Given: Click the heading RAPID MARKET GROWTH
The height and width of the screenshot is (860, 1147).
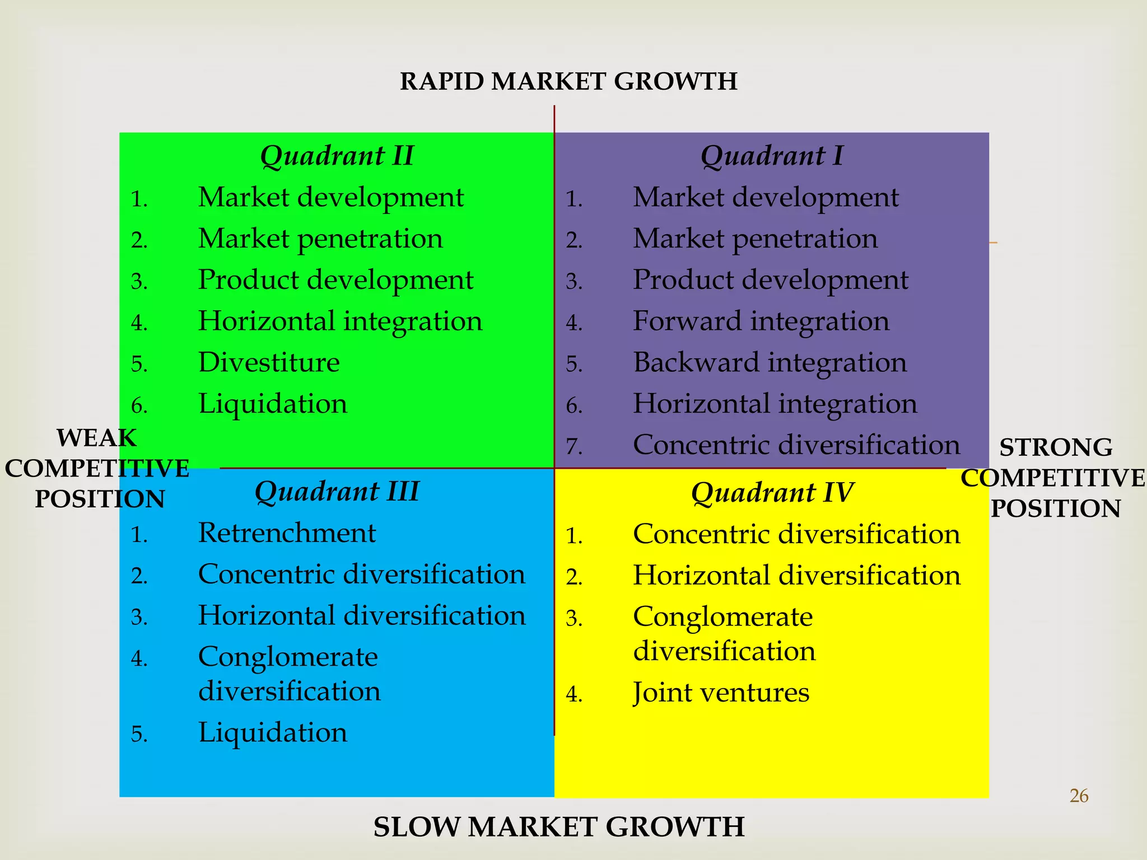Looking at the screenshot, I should pos(568,82).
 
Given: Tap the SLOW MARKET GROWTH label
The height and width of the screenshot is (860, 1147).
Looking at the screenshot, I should pos(559,828).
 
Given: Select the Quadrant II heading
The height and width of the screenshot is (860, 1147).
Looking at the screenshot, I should pos(337,156).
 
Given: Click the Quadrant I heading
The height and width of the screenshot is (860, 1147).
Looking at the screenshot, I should pos(772,156).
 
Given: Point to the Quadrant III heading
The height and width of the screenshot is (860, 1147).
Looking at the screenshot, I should pos(337,492).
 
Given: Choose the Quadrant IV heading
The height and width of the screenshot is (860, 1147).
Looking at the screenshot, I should pos(772,493).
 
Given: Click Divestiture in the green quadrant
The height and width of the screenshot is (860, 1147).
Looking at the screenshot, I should pos(269,362).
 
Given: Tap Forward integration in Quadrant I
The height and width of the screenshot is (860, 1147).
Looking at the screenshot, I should pos(761,321).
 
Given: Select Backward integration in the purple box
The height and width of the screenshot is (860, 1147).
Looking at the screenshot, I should pos(770,362).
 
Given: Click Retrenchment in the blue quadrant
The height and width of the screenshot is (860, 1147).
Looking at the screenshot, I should pos(287,532).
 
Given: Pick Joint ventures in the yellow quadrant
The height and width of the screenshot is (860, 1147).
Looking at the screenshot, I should pos(721,693).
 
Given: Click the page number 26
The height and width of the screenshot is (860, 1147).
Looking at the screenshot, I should pos(1079,796).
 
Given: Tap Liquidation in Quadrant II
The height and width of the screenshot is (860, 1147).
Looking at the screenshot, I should pos(273,404).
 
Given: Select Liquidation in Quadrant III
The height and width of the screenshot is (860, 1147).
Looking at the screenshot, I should pos(273,732).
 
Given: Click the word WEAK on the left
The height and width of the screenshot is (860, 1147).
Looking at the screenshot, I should pos(97,438).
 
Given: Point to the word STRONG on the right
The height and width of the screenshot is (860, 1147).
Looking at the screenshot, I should pos(1056,447).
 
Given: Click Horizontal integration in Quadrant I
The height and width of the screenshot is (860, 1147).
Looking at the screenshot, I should pos(775,404).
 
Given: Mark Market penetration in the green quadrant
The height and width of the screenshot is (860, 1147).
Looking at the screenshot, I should pos(320,239).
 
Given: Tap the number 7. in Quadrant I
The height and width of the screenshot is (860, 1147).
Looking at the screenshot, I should pos(574,447).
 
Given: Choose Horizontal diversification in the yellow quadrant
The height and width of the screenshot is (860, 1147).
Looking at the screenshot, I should pos(796,576).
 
